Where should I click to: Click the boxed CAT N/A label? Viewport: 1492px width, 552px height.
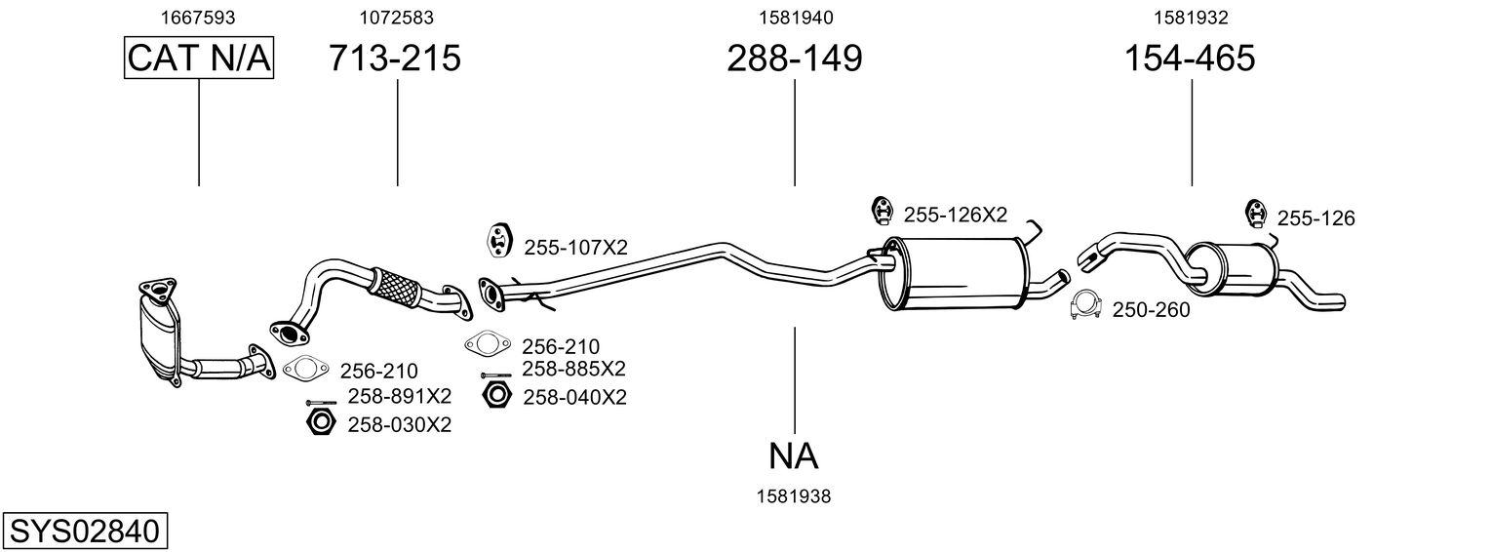tap(199, 59)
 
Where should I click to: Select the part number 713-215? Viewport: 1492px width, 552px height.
tap(395, 59)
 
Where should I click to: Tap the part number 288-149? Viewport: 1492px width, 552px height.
tap(794, 59)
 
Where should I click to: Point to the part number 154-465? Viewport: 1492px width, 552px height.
tap(1190, 59)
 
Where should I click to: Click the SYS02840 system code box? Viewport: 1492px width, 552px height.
tap(84, 532)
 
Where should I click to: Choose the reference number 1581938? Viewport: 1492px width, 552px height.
tap(794, 496)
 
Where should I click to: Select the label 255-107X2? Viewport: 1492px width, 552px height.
tap(575, 248)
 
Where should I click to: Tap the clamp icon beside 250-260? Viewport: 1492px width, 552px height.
tap(1086, 306)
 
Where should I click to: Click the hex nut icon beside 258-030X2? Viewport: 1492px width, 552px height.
tap(319, 423)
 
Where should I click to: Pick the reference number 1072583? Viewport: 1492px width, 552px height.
tap(396, 18)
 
